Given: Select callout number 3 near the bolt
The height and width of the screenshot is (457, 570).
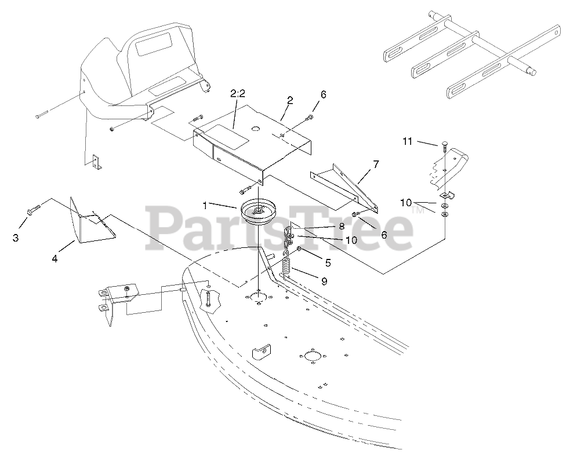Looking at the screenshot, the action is (x=16, y=237).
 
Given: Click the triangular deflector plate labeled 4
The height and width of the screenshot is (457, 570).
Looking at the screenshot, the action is (x=90, y=223).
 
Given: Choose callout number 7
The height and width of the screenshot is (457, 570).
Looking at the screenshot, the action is (x=375, y=164).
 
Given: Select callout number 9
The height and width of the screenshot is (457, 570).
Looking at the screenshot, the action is (x=324, y=281).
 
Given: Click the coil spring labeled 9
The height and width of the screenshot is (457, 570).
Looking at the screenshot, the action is (x=286, y=268).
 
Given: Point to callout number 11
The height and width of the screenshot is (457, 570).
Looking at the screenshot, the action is (x=407, y=141).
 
